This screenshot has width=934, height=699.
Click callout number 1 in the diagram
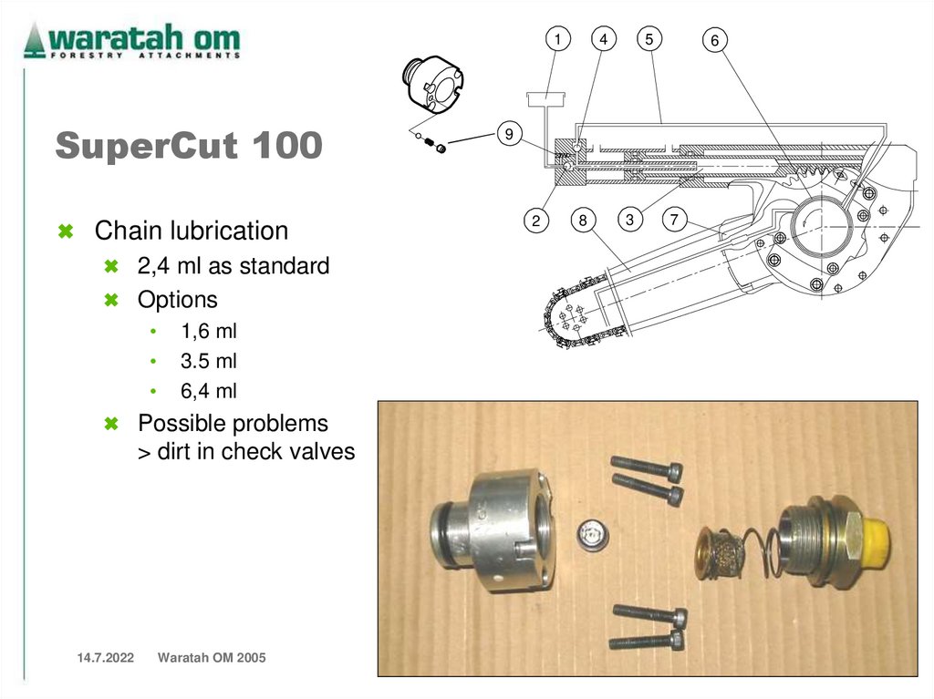(x=557, y=39)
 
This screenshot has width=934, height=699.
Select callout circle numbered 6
(x=715, y=40)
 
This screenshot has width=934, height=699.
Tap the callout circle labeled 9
(x=509, y=133)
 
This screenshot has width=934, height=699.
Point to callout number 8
(x=583, y=220)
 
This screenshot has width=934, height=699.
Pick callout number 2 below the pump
(x=535, y=221)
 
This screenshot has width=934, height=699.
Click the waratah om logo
(x=131, y=40)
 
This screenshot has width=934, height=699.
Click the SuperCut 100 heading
(x=189, y=145)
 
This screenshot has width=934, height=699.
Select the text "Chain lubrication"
(x=192, y=231)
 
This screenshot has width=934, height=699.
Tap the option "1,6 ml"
(x=209, y=331)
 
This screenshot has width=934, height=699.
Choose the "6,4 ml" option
(x=209, y=391)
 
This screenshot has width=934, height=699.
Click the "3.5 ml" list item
(x=209, y=361)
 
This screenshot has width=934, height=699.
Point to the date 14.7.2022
(x=106, y=658)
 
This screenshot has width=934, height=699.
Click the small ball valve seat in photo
(x=593, y=536)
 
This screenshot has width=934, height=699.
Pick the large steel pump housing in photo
(x=493, y=531)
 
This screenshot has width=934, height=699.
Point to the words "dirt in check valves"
(x=255, y=452)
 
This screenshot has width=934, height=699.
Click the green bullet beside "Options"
(x=110, y=300)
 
